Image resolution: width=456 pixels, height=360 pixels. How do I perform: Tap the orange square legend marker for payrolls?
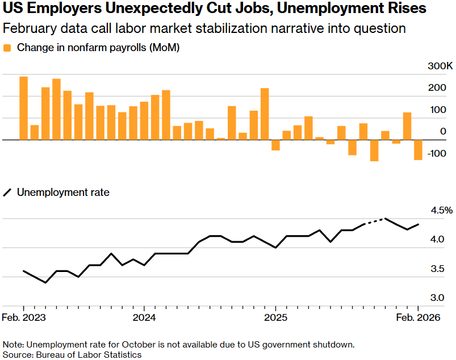point(7,48)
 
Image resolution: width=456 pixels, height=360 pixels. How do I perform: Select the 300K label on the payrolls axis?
point(440,66)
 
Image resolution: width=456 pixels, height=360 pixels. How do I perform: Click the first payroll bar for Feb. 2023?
point(23,108)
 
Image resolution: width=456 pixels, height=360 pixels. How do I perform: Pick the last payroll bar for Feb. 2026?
point(418,150)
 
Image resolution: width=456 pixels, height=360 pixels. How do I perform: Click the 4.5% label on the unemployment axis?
point(441,210)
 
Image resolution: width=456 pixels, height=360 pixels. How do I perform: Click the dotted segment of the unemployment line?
point(375,221)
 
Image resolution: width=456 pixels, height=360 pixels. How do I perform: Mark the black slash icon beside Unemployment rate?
point(7,192)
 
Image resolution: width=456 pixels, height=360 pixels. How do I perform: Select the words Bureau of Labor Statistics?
point(89,354)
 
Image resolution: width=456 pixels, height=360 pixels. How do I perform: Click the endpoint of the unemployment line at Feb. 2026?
point(419,224)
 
